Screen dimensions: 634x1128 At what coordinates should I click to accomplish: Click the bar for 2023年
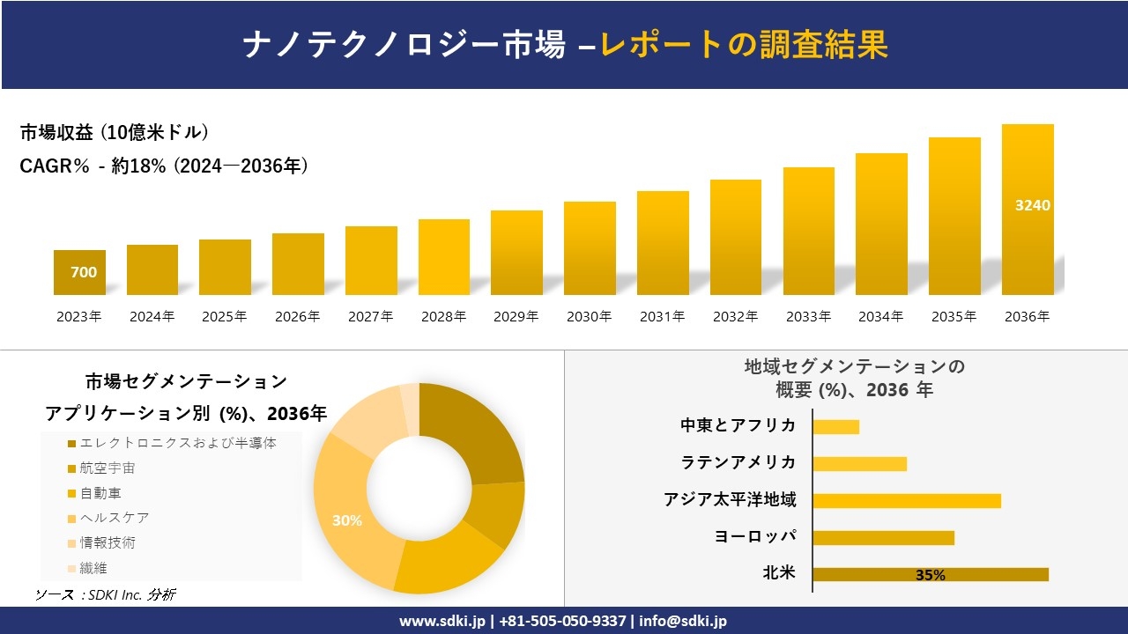tap(79, 272)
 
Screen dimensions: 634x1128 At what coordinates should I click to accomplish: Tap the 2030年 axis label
tap(589, 317)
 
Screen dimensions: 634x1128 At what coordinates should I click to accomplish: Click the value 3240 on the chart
tap(1033, 205)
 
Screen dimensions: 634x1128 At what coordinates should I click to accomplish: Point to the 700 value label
tap(84, 272)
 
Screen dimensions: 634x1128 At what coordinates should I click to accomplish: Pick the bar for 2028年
tap(443, 257)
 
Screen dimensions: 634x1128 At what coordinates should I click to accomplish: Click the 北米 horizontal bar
tap(930, 574)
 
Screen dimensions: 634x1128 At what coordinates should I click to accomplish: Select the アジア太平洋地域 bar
tap(907, 500)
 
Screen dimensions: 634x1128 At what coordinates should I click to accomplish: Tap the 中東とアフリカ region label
tap(738, 426)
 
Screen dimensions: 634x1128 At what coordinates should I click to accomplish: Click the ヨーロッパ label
tap(755, 537)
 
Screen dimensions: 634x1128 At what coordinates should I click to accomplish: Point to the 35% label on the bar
tap(931, 575)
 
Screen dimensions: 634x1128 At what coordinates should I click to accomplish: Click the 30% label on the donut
tap(347, 520)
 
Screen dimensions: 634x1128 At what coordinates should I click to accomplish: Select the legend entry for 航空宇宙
tap(108, 468)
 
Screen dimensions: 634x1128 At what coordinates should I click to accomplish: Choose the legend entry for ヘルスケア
tap(115, 518)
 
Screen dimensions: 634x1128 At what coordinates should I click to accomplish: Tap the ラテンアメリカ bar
tap(859, 463)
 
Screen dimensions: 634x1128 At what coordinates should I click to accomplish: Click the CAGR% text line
tap(164, 166)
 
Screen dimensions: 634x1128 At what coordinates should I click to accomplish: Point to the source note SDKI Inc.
tap(105, 594)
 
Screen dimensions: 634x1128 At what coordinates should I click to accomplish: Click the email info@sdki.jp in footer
tap(684, 621)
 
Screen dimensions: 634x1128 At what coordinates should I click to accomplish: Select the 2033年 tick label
tap(807, 317)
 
